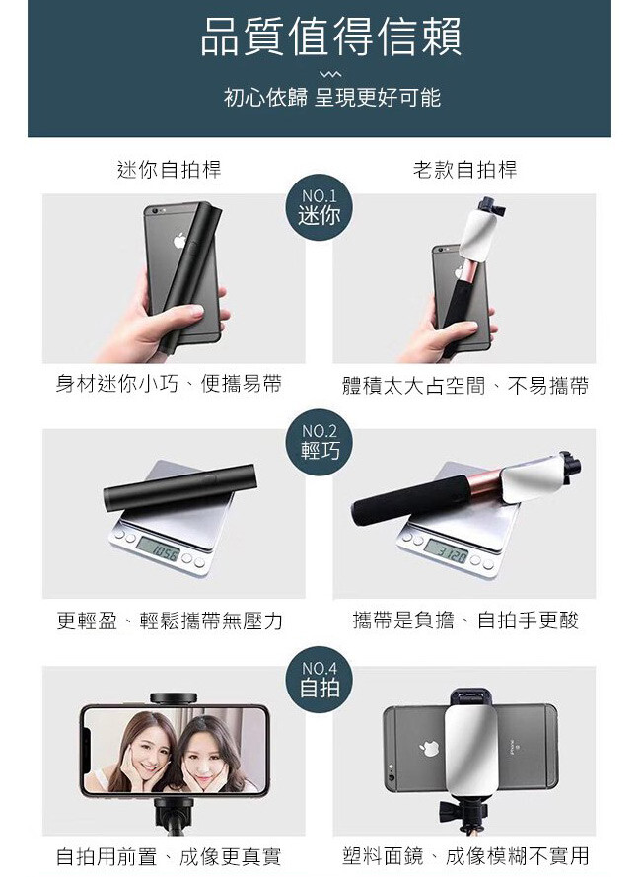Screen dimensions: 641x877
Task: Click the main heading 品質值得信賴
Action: [331, 37]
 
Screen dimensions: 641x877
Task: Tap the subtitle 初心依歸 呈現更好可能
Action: [332, 98]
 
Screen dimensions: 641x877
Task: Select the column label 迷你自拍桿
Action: [170, 169]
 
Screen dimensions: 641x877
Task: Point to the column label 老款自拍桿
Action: [464, 169]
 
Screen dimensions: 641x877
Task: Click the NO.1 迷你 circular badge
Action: [319, 207]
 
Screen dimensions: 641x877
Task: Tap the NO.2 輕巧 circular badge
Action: [320, 442]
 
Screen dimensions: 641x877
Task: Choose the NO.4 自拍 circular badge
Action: [320, 679]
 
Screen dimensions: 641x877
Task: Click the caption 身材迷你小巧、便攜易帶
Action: [169, 384]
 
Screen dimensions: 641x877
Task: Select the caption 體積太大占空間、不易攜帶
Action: [464, 386]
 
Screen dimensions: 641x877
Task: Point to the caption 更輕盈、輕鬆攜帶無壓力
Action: [170, 621]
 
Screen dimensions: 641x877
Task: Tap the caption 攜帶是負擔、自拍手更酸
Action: [465, 621]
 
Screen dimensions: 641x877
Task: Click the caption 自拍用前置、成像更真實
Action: [169, 856]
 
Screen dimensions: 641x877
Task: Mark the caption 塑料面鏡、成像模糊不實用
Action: [465, 855]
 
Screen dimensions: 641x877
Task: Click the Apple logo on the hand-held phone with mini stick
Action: [179, 240]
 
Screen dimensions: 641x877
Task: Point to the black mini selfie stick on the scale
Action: [180, 486]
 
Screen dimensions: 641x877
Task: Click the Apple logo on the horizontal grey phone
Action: [429, 749]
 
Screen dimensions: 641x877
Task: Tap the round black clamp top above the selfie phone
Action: [174, 698]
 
